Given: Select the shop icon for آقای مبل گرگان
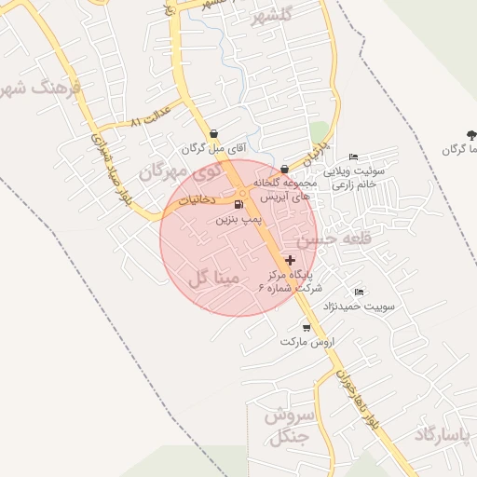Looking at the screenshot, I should [x=214, y=133].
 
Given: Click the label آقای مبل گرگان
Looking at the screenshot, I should [x=208, y=148].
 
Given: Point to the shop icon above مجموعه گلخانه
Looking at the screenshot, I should [x=284, y=169].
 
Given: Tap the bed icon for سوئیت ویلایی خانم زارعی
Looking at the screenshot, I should [x=352, y=157].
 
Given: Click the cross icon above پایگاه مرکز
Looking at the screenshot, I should [x=291, y=260].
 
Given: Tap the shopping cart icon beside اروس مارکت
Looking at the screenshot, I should [x=307, y=327].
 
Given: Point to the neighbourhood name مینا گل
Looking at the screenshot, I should [x=213, y=278].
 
